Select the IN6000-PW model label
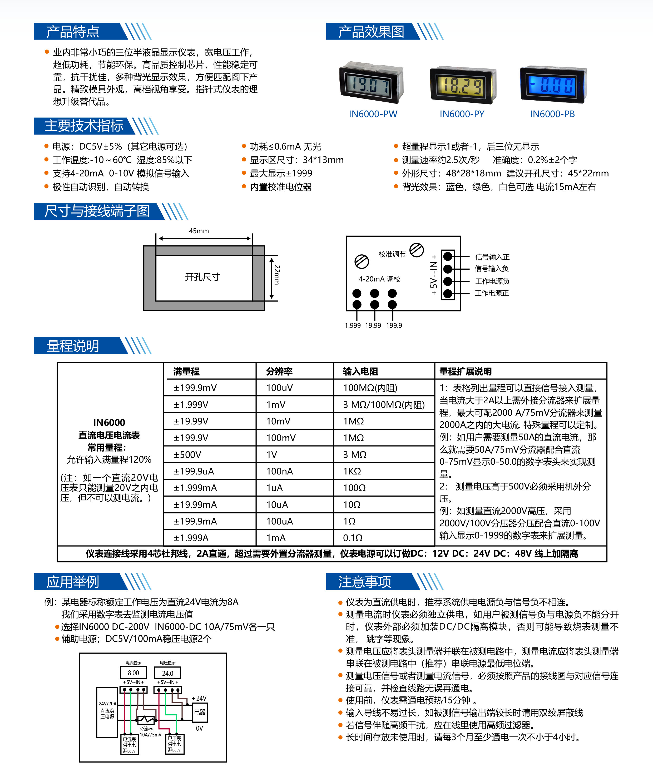point(373,114)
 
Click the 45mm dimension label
point(199,231)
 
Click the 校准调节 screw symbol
point(417,250)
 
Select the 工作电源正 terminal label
point(492,293)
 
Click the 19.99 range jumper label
point(373,325)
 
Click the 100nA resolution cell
point(279,471)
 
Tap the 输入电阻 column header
point(360,371)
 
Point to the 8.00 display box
point(133,673)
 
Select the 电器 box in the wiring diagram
point(200,712)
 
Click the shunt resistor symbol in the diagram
point(146,720)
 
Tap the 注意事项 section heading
point(365,581)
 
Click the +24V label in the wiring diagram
point(199,698)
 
